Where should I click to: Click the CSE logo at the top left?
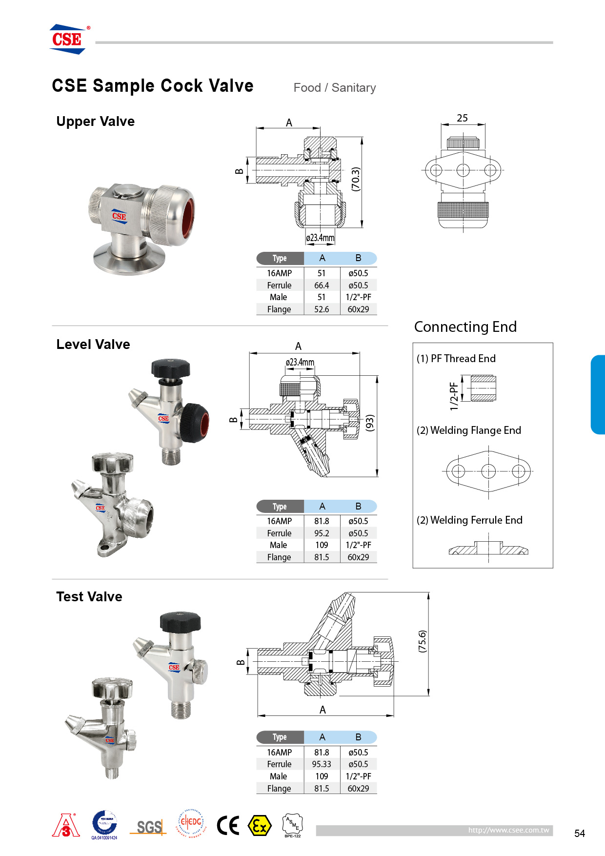[x=67, y=39]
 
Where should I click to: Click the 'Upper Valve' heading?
[x=96, y=122]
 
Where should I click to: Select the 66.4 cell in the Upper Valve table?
[x=322, y=285]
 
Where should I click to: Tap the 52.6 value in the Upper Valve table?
[x=322, y=309]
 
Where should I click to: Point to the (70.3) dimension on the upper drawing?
[x=356, y=179]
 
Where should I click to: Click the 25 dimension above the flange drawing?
[x=462, y=118]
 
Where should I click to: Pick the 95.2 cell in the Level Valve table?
[x=322, y=533]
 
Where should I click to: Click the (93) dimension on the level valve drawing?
[x=370, y=423]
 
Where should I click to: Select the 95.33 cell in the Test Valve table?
[x=322, y=764]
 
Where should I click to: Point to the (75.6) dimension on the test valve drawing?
[x=423, y=641]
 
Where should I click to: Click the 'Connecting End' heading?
[x=465, y=327]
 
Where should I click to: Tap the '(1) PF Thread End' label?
[x=456, y=359]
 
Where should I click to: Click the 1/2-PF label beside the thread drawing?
[x=454, y=396]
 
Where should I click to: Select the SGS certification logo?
[x=149, y=827]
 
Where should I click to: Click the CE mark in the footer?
[x=228, y=826]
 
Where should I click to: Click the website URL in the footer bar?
[x=508, y=830]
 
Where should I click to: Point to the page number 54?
[x=579, y=834]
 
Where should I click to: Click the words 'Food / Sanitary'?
[x=335, y=88]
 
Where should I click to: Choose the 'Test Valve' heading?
[x=89, y=597]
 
